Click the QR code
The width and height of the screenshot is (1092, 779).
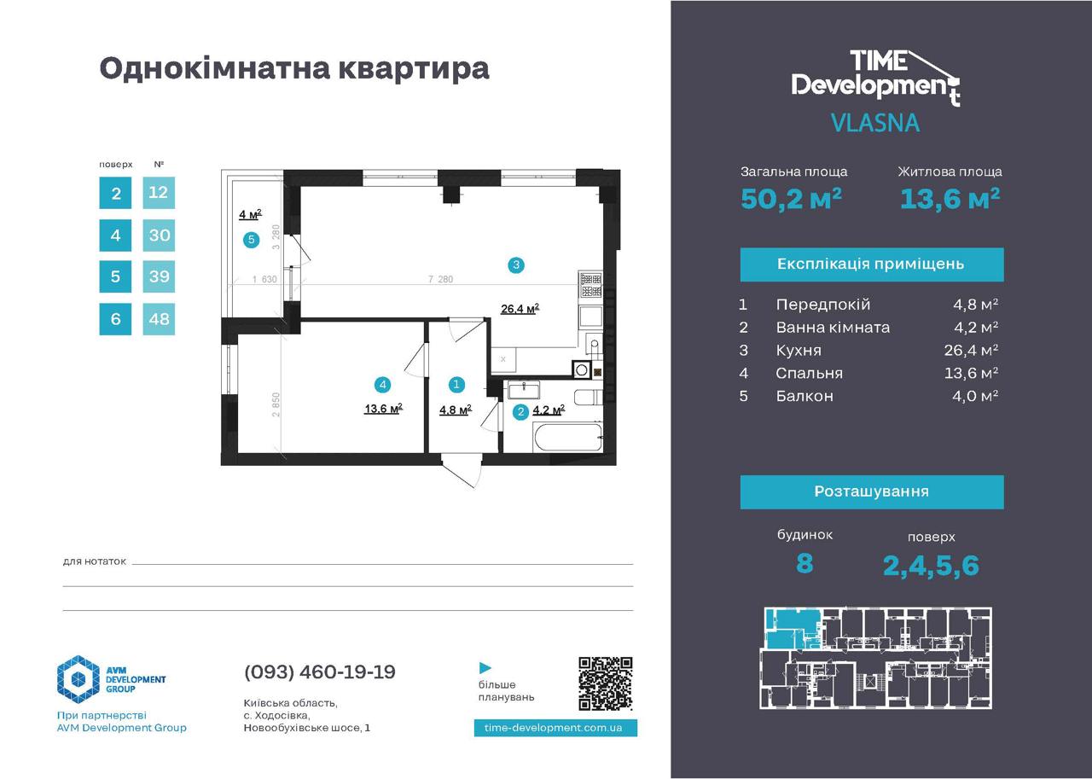pos(605,683)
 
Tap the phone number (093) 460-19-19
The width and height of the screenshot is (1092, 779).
pos(320,671)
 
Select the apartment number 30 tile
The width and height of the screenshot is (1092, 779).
pos(159,235)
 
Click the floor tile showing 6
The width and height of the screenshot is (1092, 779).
pos(115,319)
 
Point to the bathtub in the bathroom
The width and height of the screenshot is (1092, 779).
pos(568,437)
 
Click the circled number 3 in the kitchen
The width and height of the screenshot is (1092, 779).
pos(516,265)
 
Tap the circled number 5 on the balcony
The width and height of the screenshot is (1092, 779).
pos(251,240)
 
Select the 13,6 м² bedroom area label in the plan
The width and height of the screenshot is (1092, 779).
pos(383,409)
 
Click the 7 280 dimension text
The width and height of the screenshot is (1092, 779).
pos(440,279)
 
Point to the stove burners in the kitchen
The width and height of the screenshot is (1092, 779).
pos(591,285)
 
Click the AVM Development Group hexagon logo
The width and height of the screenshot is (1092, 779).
pos(78,679)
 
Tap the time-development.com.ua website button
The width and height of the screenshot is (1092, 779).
pos(555,728)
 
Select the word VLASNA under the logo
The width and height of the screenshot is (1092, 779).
pos(875,122)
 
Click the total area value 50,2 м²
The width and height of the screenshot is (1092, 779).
pos(791,199)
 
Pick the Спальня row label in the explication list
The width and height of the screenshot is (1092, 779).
pos(810,373)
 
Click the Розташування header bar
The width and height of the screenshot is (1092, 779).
pos(872,491)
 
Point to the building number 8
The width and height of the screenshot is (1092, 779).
pos(804,564)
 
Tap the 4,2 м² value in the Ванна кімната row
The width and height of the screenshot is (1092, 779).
pos(975,327)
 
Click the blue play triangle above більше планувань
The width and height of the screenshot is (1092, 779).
pos(485,667)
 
